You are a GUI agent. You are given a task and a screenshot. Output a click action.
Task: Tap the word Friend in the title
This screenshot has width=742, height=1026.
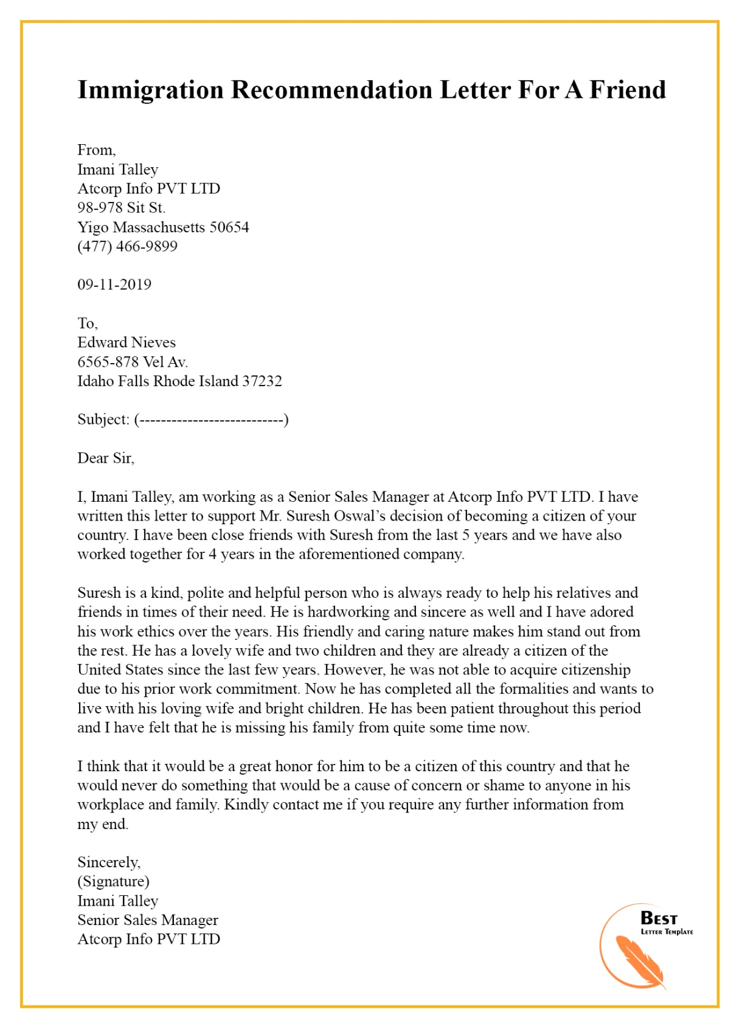(x=628, y=89)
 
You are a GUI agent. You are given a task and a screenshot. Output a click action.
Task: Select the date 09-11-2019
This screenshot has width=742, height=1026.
(x=114, y=285)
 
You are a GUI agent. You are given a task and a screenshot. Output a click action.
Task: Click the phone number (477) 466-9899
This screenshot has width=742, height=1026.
(x=127, y=246)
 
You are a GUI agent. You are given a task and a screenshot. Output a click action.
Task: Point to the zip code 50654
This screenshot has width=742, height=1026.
(x=229, y=227)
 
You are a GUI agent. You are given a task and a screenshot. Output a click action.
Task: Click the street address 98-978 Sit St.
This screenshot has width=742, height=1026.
(x=121, y=208)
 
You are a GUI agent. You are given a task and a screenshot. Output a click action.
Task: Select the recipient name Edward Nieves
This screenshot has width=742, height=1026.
(x=126, y=342)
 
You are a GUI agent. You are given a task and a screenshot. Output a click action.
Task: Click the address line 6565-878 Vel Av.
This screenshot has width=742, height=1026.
(x=133, y=362)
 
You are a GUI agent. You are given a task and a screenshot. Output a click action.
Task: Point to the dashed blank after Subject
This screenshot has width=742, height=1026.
(x=211, y=420)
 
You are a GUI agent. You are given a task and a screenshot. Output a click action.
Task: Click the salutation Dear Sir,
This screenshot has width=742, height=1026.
(x=106, y=458)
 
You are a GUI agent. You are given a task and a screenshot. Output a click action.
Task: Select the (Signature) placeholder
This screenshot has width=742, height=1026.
(x=113, y=881)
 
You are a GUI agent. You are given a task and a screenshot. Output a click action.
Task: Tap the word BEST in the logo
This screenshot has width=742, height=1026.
(x=659, y=918)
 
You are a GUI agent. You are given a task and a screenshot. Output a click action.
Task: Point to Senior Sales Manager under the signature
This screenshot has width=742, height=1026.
(x=147, y=920)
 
